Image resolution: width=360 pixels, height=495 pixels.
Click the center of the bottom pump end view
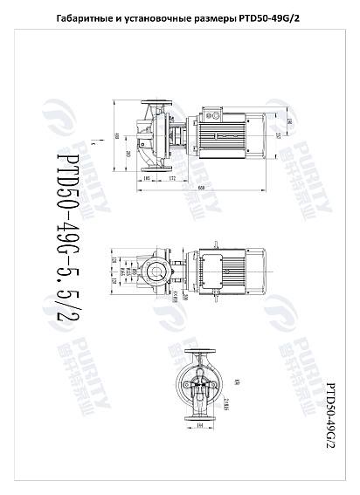(199, 384)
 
